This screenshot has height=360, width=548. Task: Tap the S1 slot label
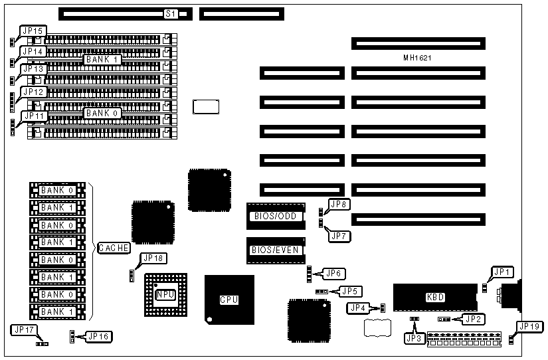171,13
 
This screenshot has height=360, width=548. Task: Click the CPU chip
228,300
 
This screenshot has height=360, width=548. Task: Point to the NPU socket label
165,295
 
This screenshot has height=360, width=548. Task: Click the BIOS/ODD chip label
276,216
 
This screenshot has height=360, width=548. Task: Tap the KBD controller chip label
435,297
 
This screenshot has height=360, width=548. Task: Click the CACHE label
114,248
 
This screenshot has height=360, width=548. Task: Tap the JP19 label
529,326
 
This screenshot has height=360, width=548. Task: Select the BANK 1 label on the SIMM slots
102,59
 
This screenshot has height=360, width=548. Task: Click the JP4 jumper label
358,308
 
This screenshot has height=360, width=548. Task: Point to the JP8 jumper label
339,205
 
